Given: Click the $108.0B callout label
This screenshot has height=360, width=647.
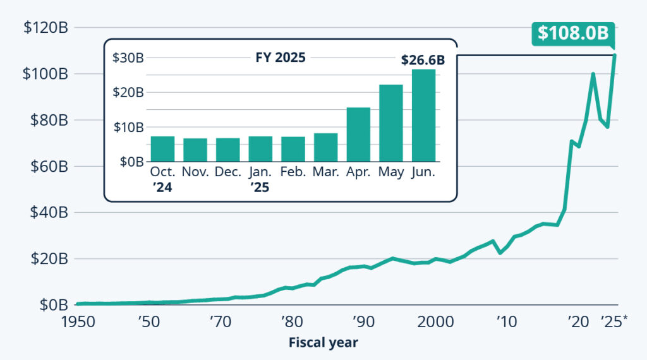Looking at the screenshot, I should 573,33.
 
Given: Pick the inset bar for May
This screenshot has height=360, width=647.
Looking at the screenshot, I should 391,123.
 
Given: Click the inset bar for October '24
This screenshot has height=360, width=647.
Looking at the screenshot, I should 162,149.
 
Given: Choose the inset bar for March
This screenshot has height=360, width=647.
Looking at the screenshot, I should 325,147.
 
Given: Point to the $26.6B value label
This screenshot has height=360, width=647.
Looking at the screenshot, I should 423,61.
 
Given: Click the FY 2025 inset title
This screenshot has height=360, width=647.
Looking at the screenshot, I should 281,58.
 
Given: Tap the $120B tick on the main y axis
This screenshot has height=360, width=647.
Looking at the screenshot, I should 45,28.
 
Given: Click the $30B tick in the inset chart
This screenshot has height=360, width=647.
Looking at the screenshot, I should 128,58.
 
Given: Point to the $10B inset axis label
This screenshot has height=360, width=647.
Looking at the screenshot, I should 128,128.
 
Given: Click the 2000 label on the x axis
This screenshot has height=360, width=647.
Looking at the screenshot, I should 434,321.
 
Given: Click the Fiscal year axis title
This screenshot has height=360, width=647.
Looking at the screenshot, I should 323,343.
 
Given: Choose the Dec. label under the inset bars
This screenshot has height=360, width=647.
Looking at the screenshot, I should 228,172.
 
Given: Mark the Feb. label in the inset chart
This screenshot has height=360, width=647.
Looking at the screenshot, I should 293,172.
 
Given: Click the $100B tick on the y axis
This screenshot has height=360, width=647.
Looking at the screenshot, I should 45,74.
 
